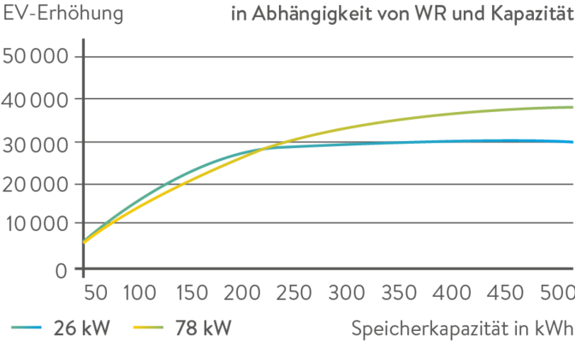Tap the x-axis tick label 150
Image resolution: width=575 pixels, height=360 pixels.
tap(190, 294)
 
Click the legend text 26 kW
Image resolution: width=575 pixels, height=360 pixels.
tap(82, 328)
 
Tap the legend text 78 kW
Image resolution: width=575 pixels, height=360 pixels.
tap(203, 328)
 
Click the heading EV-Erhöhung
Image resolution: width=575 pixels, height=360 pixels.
tap(63, 15)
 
